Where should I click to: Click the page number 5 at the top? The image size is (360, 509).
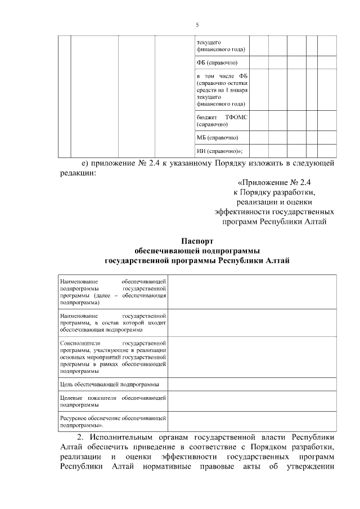pyautogui.click(x=197, y=25)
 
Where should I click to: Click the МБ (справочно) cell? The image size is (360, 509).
pyautogui.click(x=217, y=137)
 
